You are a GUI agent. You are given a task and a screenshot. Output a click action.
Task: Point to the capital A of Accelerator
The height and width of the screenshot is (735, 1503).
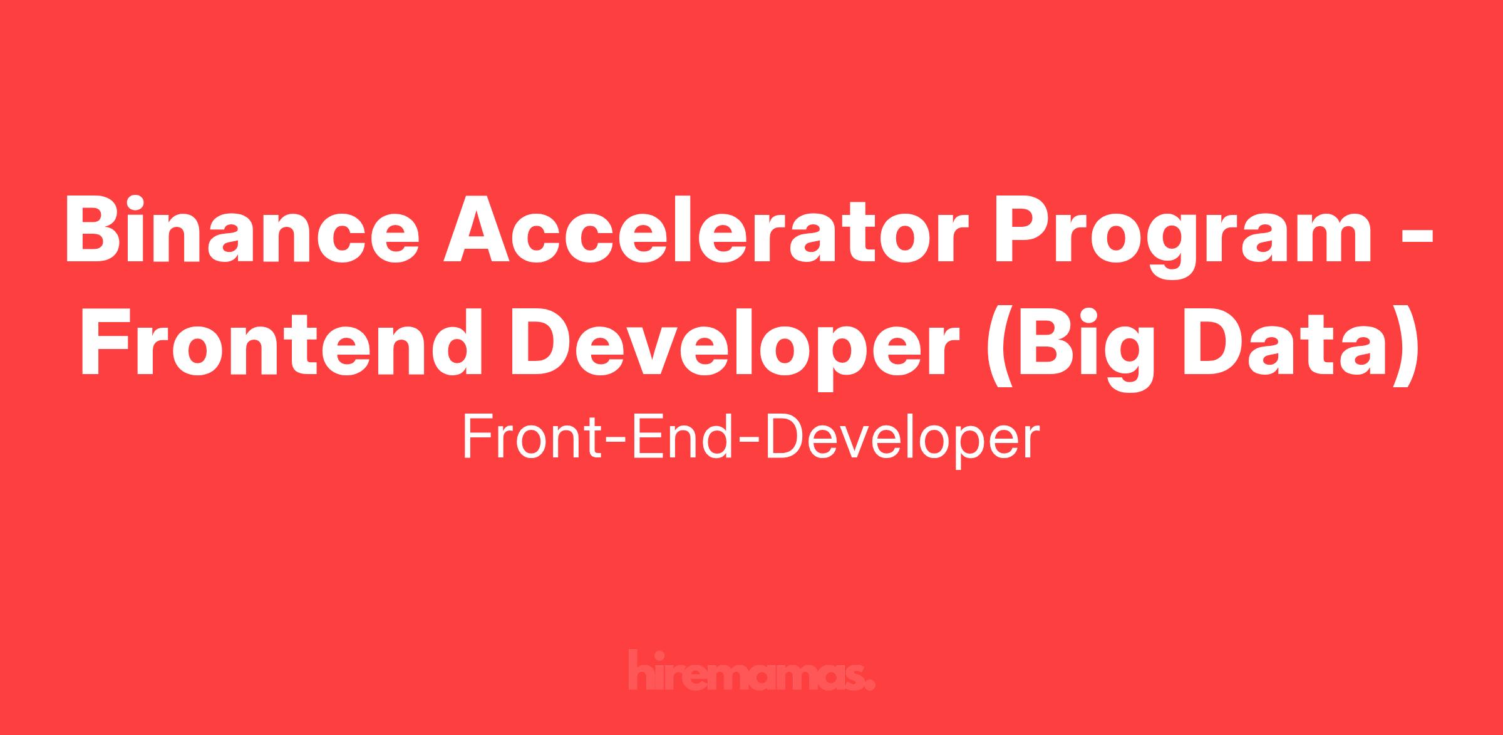point(479,229)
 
